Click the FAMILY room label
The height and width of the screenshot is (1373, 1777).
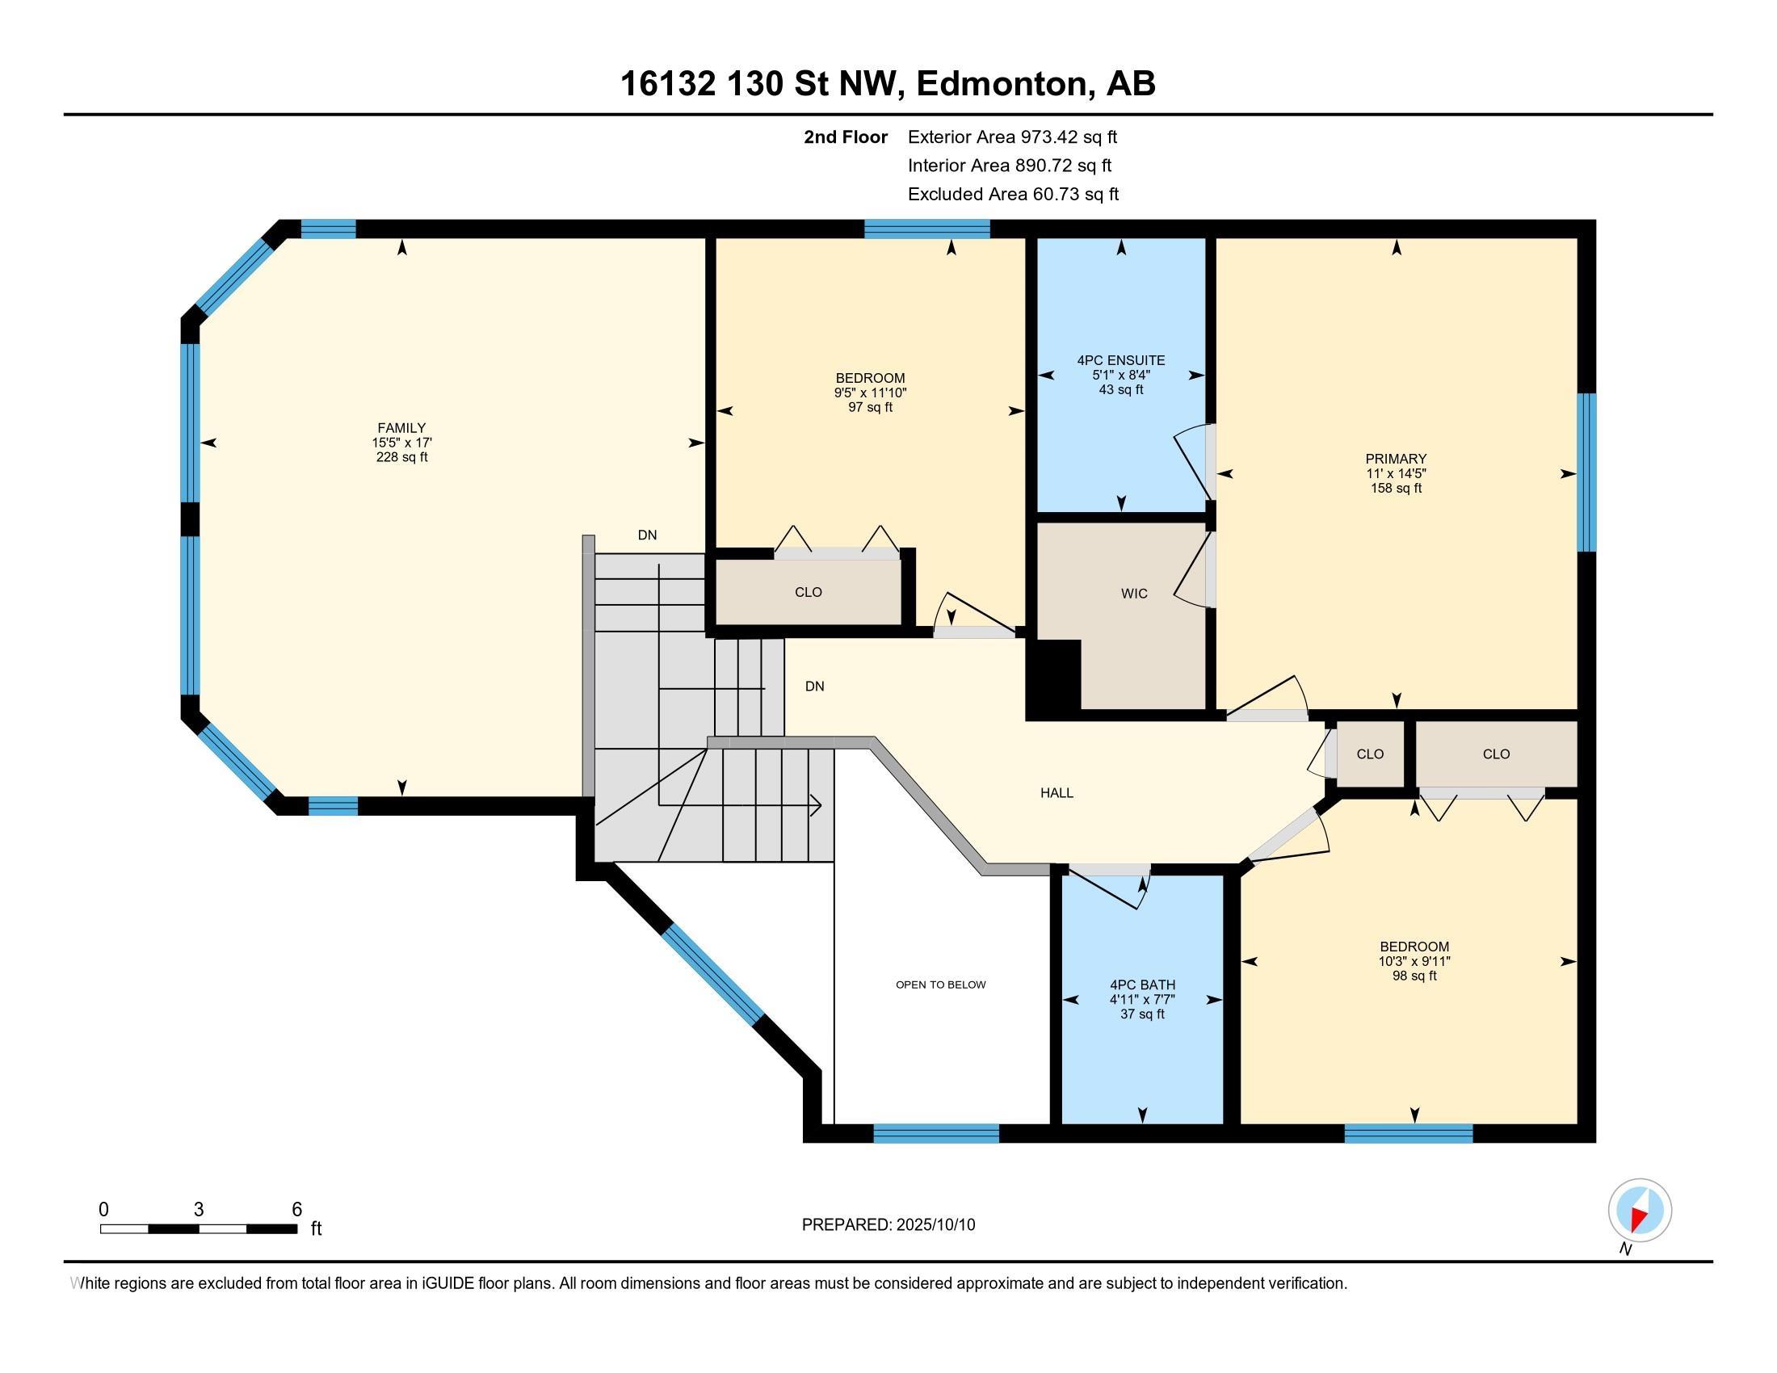(401, 428)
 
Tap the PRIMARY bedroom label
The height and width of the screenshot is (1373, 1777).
(1397, 459)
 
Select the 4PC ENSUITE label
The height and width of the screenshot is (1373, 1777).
(1121, 360)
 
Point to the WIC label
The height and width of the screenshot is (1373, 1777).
(1134, 594)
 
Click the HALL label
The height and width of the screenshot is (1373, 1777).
(1057, 793)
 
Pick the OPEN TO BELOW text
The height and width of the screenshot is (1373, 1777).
(940, 985)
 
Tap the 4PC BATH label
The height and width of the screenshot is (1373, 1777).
(1142, 985)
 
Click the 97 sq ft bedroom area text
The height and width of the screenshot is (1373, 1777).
(871, 408)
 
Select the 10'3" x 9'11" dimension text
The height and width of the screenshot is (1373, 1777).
(1414, 961)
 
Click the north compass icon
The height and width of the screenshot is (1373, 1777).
(1640, 1211)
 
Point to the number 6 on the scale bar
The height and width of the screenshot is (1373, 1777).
(296, 1210)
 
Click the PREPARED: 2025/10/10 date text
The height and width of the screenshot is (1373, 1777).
(888, 1225)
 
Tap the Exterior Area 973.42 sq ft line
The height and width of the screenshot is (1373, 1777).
(1012, 137)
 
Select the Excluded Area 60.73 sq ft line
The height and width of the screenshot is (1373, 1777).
(1013, 195)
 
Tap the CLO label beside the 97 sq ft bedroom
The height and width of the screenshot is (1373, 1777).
(808, 592)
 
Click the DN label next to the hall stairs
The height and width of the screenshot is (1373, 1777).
(814, 686)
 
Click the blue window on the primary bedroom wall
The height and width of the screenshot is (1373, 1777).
(1586, 472)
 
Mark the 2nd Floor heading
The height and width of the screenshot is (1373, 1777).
(846, 137)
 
